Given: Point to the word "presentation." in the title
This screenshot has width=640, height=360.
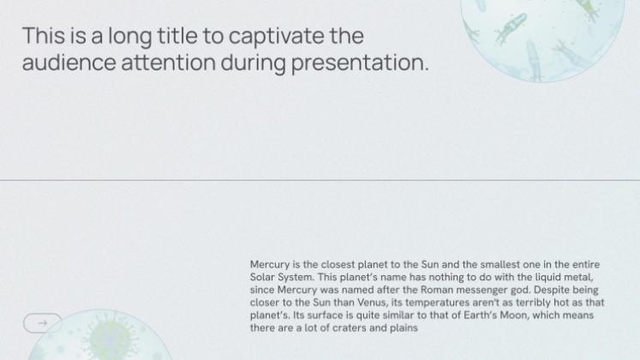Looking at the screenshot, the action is tap(360, 63).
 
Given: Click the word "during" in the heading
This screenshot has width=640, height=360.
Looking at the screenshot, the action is tap(253, 63).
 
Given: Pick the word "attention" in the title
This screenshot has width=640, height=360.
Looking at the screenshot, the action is tap(168, 63).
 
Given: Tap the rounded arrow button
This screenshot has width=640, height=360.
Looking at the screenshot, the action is tap(43, 323).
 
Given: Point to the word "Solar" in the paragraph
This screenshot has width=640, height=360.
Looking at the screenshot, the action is tap(262, 277).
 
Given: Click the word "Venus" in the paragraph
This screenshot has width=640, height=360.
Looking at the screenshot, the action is tap(372, 303).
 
